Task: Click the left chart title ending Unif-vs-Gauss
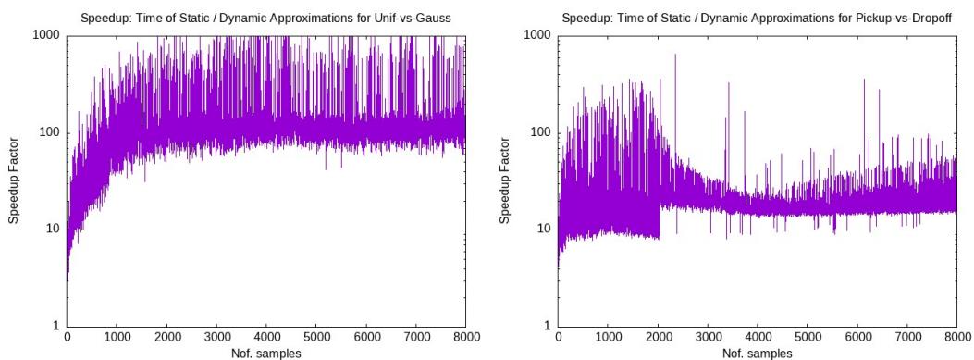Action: point(265,17)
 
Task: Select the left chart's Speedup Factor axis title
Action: point(13,180)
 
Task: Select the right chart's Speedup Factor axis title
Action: point(504,180)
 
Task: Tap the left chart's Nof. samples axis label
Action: point(265,353)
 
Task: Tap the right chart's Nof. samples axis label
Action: point(757,353)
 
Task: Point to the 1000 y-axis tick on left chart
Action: point(45,35)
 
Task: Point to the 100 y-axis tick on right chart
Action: point(539,132)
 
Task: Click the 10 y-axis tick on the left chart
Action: point(52,230)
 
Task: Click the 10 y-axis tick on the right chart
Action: point(543,230)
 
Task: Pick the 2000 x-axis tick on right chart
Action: point(658,338)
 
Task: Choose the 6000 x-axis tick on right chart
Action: point(857,338)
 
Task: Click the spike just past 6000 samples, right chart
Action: point(864,81)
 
